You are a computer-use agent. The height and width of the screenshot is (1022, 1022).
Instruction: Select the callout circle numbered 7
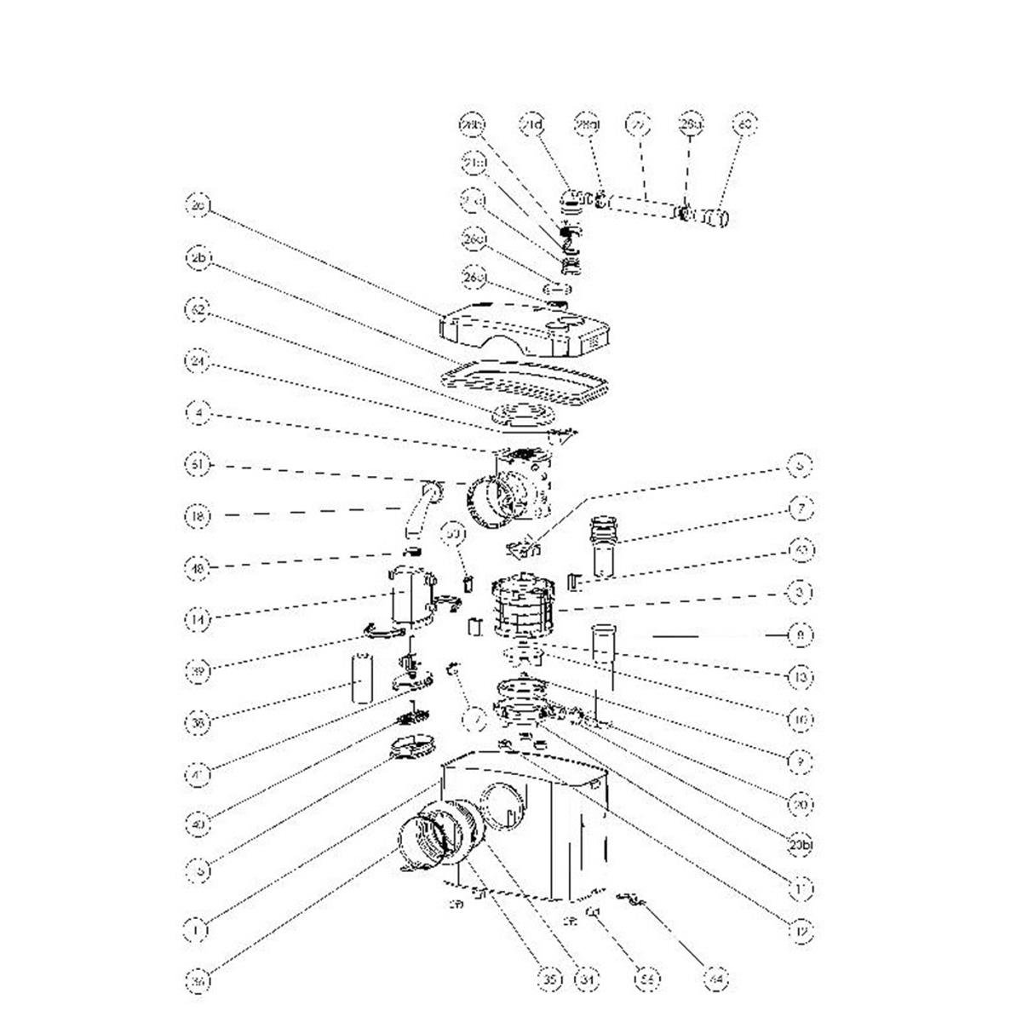[801, 508]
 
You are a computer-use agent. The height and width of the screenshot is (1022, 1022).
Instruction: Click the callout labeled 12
[801, 932]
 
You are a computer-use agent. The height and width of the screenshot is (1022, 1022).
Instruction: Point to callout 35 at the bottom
[551, 982]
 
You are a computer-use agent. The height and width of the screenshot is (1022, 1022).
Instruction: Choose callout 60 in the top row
[744, 124]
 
